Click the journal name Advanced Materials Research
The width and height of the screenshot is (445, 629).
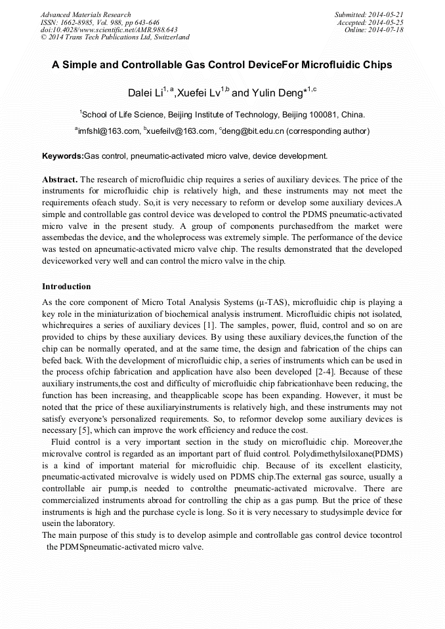(x=85, y=14)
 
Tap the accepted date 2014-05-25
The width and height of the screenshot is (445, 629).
(x=387, y=22)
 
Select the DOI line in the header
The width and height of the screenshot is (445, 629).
(x=109, y=30)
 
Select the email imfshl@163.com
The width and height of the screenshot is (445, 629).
(x=109, y=131)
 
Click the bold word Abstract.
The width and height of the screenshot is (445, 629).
(x=60, y=179)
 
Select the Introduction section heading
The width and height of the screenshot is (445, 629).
(x=66, y=287)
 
